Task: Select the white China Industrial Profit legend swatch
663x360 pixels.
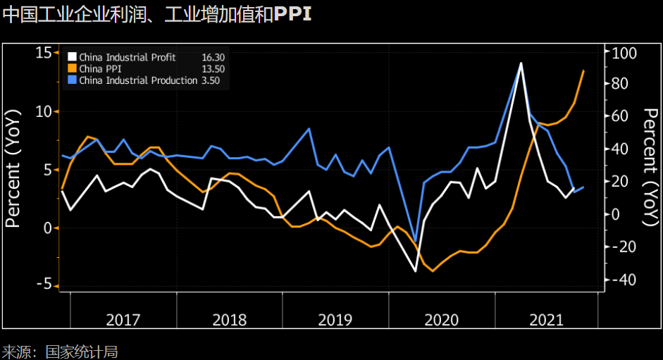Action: (x=72, y=57)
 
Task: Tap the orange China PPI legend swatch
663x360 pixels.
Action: (x=72, y=69)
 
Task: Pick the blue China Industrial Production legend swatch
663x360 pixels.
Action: (x=72, y=80)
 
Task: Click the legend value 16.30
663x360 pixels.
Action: (x=213, y=57)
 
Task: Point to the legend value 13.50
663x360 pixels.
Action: (x=213, y=69)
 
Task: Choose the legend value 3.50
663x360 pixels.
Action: (x=210, y=80)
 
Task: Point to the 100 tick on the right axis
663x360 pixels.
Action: (x=624, y=53)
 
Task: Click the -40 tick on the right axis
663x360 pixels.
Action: (x=624, y=280)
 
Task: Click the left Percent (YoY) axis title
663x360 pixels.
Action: (x=13, y=169)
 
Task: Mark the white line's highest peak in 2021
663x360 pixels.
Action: (x=521, y=63)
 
